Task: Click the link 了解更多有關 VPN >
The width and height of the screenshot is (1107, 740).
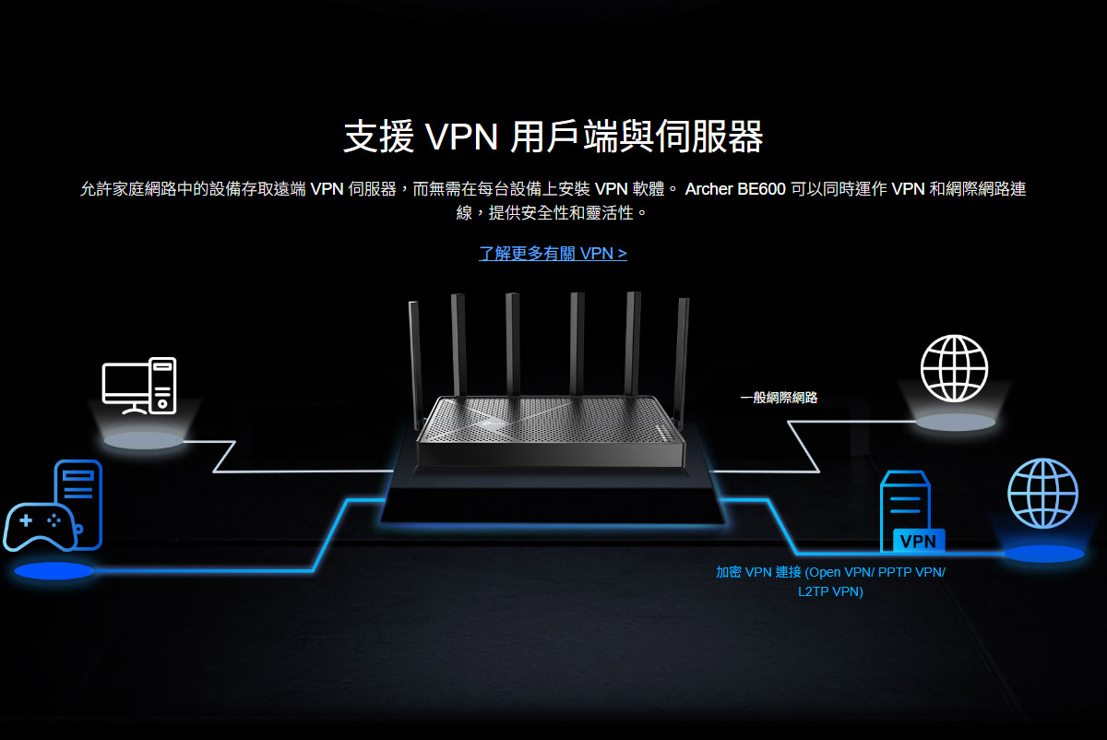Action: tap(553, 253)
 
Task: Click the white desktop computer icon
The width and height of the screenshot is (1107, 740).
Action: tap(138, 385)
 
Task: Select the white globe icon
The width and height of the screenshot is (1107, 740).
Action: tap(954, 368)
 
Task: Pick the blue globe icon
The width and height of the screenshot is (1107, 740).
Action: tap(1042, 494)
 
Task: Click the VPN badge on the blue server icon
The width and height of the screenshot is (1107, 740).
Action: tap(917, 541)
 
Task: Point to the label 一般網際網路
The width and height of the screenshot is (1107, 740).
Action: tap(779, 398)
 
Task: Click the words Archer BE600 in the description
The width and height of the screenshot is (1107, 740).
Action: tap(735, 189)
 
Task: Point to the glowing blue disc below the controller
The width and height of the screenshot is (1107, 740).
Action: tap(54, 571)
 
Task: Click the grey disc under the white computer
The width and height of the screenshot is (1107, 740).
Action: tap(143, 441)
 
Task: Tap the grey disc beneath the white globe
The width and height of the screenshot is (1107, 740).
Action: tap(955, 423)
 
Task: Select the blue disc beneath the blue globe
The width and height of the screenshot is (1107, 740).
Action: tap(1043, 554)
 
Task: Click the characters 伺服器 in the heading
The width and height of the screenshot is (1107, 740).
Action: tap(709, 137)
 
